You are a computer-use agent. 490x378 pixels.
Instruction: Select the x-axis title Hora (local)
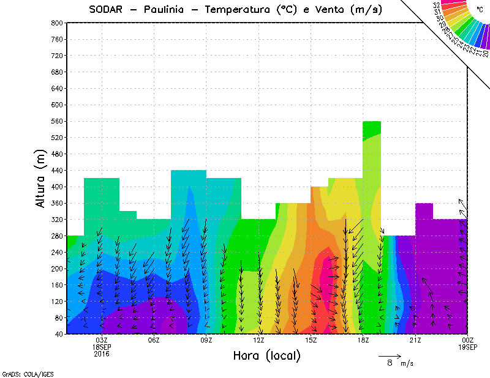[266, 355]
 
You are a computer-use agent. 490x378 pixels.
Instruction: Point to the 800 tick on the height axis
[56, 23]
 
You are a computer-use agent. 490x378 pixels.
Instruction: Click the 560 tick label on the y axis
[56, 121]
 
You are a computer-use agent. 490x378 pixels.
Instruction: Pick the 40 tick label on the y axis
[59, 334]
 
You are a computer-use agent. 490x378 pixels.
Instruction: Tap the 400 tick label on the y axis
[56, 187]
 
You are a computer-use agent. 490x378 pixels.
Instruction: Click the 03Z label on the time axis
[102, 340]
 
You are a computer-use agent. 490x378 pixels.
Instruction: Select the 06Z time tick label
[154, 340]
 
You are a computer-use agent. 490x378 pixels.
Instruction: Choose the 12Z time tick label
[258, 340]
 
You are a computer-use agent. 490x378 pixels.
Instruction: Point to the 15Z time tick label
[311, 340]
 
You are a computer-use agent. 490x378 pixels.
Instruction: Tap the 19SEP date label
[467, 347]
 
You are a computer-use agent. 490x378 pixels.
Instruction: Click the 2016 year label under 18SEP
[102, 354]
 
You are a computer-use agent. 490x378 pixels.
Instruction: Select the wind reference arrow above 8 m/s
[390, 355]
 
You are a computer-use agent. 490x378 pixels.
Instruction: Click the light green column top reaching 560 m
[372, 125]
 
